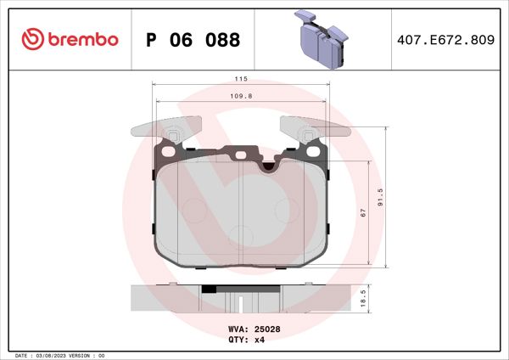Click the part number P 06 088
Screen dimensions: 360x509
coord(193,40)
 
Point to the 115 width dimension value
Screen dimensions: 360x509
coord(241,78)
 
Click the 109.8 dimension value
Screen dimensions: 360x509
coord(241,97)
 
